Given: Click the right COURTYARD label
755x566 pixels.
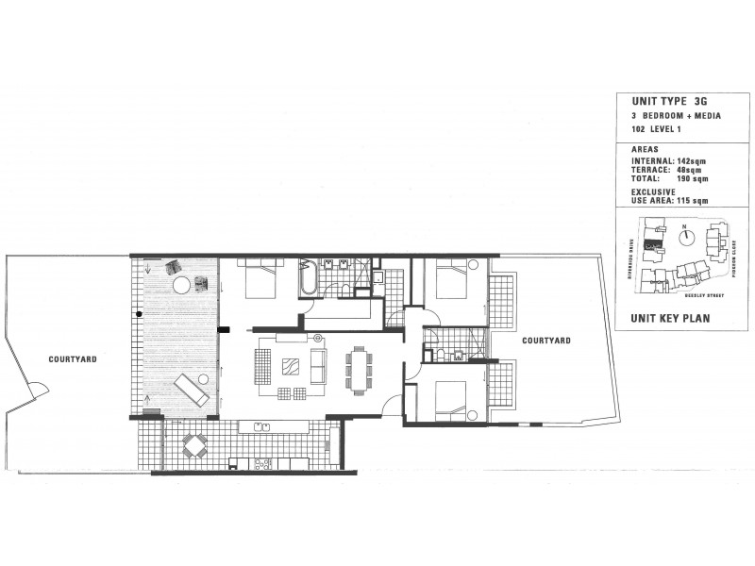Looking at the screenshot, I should [x=543, y=341].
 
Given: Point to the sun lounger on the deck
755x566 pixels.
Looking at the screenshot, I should [x=191, y=389].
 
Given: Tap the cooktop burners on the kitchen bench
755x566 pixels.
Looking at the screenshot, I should [x=262, y=462].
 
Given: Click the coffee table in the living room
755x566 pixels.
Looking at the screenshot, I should [x=293, y=363].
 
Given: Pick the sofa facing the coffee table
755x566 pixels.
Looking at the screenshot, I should [x=319, y=363].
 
